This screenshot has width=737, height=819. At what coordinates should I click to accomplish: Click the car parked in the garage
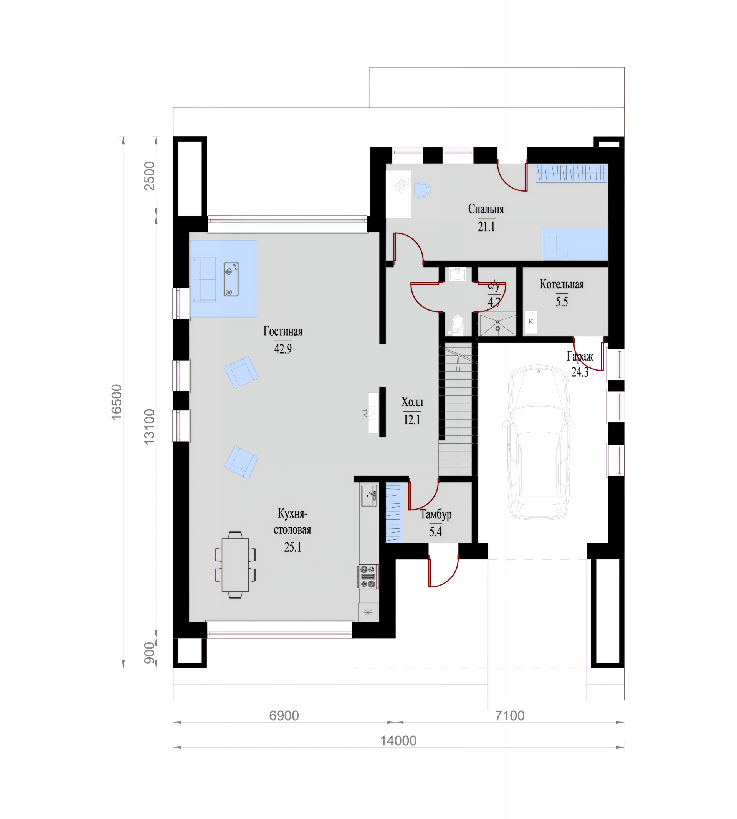(538, 442)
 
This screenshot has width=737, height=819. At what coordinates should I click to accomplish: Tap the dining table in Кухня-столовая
(235, 565)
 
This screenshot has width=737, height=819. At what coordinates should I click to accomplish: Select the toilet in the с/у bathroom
(458, 324)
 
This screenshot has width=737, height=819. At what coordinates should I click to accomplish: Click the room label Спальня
(486, 209)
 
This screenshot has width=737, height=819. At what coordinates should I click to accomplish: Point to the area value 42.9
(283, 348)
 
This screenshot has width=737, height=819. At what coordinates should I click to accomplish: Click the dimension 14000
(398, 741)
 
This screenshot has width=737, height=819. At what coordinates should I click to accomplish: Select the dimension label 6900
(284, 716)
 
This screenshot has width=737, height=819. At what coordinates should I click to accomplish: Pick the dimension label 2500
(149, 176)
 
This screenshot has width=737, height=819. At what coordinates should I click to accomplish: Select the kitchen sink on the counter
(369, 495)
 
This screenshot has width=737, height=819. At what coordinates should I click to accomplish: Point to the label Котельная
(562, 285)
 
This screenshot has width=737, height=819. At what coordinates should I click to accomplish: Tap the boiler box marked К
(531, 322)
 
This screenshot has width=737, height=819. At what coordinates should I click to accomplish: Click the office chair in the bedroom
(422, 190)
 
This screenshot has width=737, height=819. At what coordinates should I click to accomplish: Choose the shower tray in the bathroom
(498, 324)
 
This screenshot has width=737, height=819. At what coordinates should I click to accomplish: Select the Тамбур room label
(436, 514)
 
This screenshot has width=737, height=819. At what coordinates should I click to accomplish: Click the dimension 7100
(510, 716)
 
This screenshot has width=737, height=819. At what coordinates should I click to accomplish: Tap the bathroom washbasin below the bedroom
(458, 274)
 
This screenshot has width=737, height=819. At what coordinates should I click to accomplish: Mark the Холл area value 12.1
(412, 420)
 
